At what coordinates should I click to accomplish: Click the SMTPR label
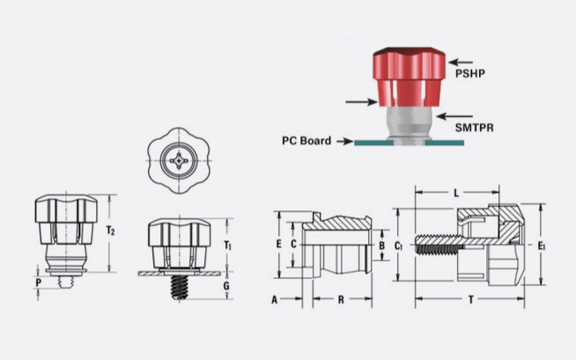(x=474, y=128)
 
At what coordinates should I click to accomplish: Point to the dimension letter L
(x=455, y=192)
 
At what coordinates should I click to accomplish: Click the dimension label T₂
(x=111, y=231)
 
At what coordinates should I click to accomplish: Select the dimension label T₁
(x=228, y=244)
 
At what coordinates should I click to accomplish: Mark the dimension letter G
(x=227, y=286)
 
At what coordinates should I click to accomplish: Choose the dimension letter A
(x=275, y=299)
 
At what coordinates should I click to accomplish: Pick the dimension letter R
(x=340, y=299)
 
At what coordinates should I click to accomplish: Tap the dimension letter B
(x=381, y=245)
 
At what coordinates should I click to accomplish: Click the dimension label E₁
(x=542, y=246)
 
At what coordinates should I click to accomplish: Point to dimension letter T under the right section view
(x=471, y=299)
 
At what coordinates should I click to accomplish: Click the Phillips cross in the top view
(x=180, y=161)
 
